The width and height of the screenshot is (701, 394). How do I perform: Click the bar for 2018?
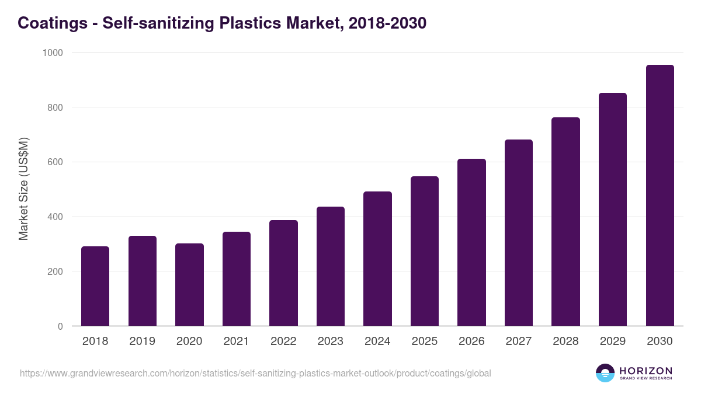[95, 286]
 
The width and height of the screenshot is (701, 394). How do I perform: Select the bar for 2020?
[189, 285]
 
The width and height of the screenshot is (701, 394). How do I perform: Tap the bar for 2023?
[330, 266]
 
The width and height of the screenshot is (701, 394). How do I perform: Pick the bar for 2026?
[471, 242]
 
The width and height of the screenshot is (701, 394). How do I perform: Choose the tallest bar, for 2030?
[660, 196]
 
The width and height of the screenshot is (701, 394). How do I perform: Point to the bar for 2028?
[565, 222]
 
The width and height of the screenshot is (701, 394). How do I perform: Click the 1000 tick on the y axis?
[53, 53]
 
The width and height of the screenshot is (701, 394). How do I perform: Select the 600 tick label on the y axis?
[55, 162]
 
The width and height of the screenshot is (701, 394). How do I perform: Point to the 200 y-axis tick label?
[55, 271]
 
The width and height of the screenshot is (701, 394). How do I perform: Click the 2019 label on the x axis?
[142, 341]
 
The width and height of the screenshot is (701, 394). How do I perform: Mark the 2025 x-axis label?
[424, 341]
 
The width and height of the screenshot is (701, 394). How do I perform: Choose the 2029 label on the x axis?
[612, 341]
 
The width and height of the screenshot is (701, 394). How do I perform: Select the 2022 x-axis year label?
[283, 341]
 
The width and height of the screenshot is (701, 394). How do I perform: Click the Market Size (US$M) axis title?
[24, 189]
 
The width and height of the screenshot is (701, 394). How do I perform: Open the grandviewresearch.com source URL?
[255, 373]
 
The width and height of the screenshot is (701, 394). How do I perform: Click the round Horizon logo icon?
[605, 373]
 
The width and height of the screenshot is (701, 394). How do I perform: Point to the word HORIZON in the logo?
[646, 370]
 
